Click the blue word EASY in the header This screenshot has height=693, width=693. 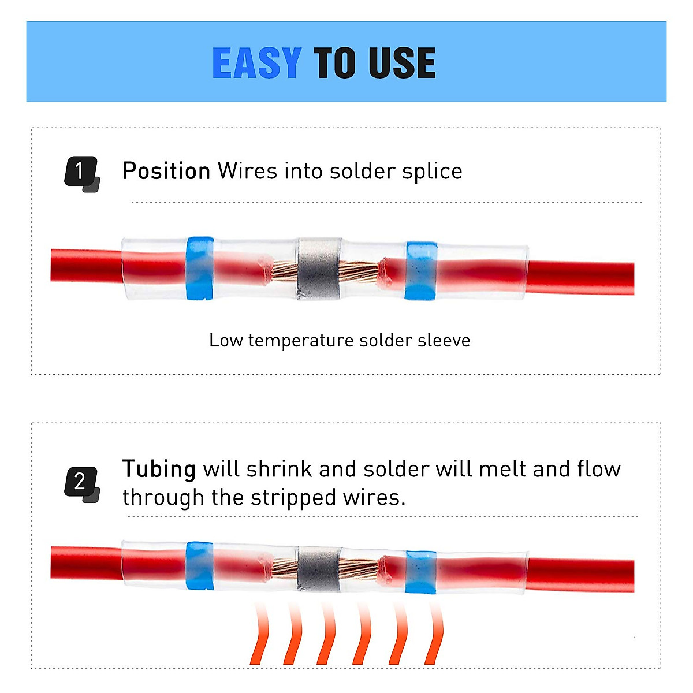click(x=256, y=63)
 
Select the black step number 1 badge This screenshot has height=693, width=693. click(x=80, y=172)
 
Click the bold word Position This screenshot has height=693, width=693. click(x=166, y=172)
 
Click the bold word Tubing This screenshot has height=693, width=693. click(x=159, y=469)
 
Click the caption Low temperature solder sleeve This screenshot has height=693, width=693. click(x=340, y=341)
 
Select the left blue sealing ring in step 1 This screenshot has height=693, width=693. click(x=200, y=268)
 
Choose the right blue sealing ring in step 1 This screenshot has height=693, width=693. click(x=420, y=270)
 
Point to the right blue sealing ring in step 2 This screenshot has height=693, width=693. click(x=420, y=572)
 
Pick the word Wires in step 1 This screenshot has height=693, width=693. click(x=247, y=172)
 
